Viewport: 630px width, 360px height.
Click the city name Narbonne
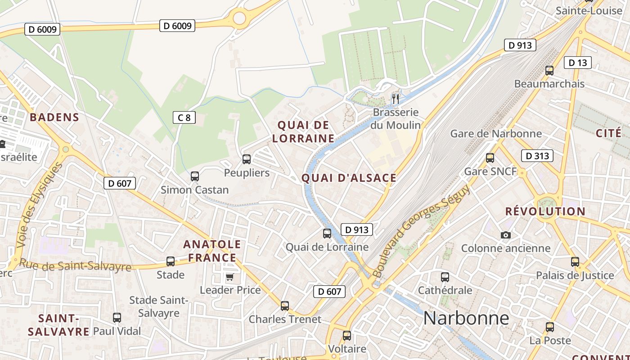click(x=466, y=318)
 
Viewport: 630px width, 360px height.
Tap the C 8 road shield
click(x=184, y=118)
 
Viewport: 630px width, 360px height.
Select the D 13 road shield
click(x=577, y=63)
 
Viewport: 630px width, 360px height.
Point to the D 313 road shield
click(x=537, y=156)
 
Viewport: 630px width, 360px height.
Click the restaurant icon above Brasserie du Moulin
click(x=396, y=99)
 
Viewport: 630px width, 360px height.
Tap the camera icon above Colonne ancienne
click(x=505, y=235)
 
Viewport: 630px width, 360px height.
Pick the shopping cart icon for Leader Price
click(x=230, y=277)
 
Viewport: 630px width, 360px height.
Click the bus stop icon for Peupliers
click(x=247, y=159)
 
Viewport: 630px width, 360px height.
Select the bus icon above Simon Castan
click(x=195, y=176)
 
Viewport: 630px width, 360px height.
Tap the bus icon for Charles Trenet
click(x=285, y=306)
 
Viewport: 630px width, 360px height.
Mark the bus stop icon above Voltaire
click(x=346, y=335)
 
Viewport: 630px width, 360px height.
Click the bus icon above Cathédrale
click(x=445, y=277)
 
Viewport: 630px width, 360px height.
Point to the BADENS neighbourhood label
click(x=54, y=117)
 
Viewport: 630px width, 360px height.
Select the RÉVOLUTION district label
click(x=545, y=211)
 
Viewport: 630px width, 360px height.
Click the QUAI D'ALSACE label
click(x=349, y=178)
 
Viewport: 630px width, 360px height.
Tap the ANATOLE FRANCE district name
click(x=212, y=251)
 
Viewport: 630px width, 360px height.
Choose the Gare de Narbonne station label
click(x=496, y=134)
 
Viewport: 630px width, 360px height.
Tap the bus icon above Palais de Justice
click(x=575, y=262)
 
